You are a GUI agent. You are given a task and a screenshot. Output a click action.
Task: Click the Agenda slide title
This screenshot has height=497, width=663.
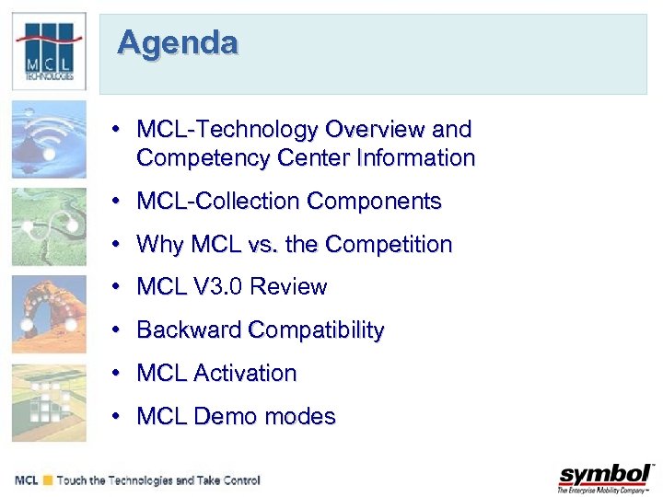click(178, 43)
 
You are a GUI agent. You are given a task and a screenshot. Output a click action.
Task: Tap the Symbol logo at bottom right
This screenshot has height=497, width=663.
click(605, 478)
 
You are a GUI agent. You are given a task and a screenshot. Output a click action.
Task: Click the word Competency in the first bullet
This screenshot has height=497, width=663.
click(190, 158)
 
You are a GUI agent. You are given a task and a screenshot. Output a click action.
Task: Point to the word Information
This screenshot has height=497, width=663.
click(417, 158)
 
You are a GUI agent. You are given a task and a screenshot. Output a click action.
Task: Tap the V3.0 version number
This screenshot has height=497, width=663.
click(218, 287)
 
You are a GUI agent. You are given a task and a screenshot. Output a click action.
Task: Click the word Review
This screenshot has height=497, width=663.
click(288, 287)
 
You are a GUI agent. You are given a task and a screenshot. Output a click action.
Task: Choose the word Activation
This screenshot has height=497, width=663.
click(245, 374)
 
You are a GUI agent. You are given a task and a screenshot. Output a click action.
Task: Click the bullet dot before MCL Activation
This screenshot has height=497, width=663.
click(117, 374)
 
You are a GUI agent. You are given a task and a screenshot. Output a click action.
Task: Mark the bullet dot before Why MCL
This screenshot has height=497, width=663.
click(117, 245)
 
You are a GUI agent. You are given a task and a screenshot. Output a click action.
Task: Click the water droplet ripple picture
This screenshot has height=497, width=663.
click(49, 139)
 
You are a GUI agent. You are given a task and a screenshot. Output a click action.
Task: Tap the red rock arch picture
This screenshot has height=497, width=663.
click(49, 314)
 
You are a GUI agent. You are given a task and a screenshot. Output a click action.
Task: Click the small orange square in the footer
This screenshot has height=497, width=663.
click(47, 480)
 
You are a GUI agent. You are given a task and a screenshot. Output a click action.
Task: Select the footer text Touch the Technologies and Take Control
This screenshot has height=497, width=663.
click(158, 480)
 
